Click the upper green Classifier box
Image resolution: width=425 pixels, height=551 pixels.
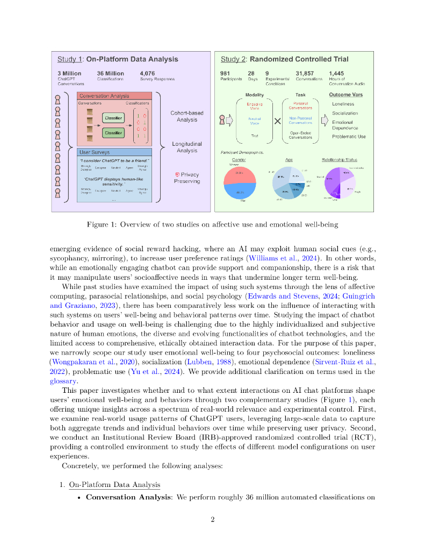[113, 117]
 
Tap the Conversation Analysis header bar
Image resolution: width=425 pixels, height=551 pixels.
[115, 96]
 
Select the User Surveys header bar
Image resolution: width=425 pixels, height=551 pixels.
[115, 152]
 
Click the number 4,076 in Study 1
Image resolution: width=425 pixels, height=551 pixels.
[147, 73]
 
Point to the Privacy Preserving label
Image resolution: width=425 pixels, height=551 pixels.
[187, 178]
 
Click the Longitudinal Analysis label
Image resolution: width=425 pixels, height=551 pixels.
[187, 147]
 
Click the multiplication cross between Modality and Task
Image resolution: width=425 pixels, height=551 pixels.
[277, 121]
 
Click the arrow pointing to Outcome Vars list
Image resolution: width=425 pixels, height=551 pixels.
[324, 121]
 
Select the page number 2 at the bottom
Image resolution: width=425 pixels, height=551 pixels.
[213, 519]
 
